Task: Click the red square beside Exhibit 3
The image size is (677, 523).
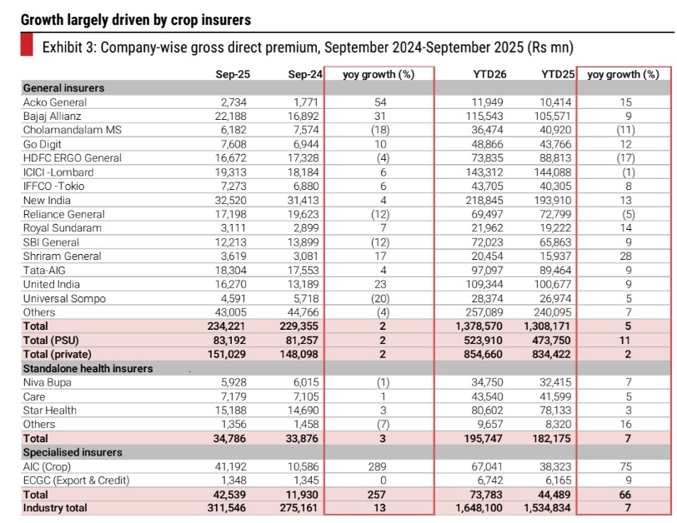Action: [x=26, y=47]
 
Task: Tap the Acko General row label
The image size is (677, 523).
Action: [x=55, y=102]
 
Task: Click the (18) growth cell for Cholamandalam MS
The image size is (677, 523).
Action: [x=379, y=131]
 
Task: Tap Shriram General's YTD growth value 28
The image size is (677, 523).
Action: [x=624, y=257]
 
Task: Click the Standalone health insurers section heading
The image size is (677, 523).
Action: [x=88, y=368]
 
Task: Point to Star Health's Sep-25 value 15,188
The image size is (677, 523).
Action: [x=233, y=410]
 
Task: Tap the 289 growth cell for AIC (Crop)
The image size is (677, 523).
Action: [x=379, y=466]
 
